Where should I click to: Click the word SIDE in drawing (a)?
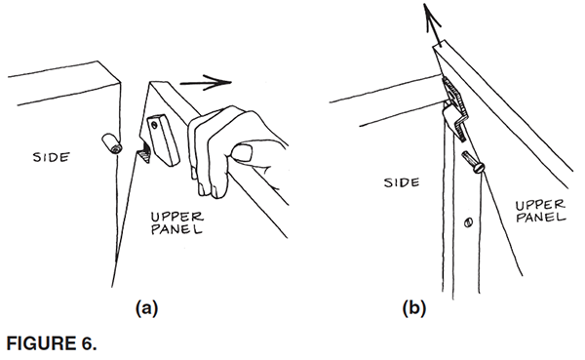tap(51, 157)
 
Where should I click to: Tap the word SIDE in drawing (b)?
tap(402, 182)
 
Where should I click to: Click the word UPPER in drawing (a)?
tap(176, 217)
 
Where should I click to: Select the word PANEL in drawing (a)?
tap(176, 229)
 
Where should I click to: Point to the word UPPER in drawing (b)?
tap(540, 206)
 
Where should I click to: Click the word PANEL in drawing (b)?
tap(541, 217)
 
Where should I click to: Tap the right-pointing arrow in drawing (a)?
tap(206, 82)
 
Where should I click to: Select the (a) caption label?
tap(146, 309)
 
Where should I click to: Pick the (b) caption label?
tap(414, 309)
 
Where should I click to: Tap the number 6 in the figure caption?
tap(88, 343)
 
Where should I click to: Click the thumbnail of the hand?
tap(241, 153)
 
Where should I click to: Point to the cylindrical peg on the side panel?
tap(111, 143)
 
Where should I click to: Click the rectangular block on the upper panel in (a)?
tap(164, 140)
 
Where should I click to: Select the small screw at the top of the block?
tap(154, 125)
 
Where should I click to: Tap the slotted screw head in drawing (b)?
tap(479, 168)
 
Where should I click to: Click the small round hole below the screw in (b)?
tap(469, 223)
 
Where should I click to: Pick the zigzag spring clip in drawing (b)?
tap(455, 108)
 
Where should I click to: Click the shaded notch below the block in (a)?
tap(144, 154)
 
